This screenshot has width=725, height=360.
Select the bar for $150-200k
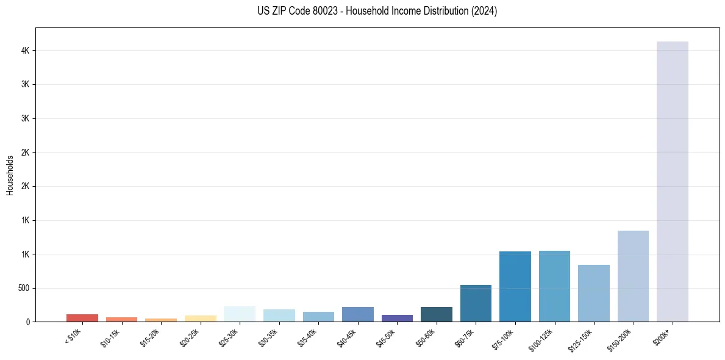pos(633,276)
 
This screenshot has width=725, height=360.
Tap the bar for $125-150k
pos(593,293)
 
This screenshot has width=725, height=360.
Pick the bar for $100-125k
pos(554,286)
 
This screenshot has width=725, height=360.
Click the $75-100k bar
pos(515,286)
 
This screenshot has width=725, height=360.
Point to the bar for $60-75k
pos(476,303)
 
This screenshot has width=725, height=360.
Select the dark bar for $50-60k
pos(436,314)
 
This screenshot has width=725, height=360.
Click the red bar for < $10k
pos(82,318)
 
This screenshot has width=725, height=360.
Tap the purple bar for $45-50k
pos(397,318)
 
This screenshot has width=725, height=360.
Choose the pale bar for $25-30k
pos(240,314)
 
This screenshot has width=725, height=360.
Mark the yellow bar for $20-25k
pos(200,319)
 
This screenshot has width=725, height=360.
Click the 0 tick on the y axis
pos(29,322)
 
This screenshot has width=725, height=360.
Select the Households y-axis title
pos(10,175)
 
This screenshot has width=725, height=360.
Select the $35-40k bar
pos(318,317)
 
